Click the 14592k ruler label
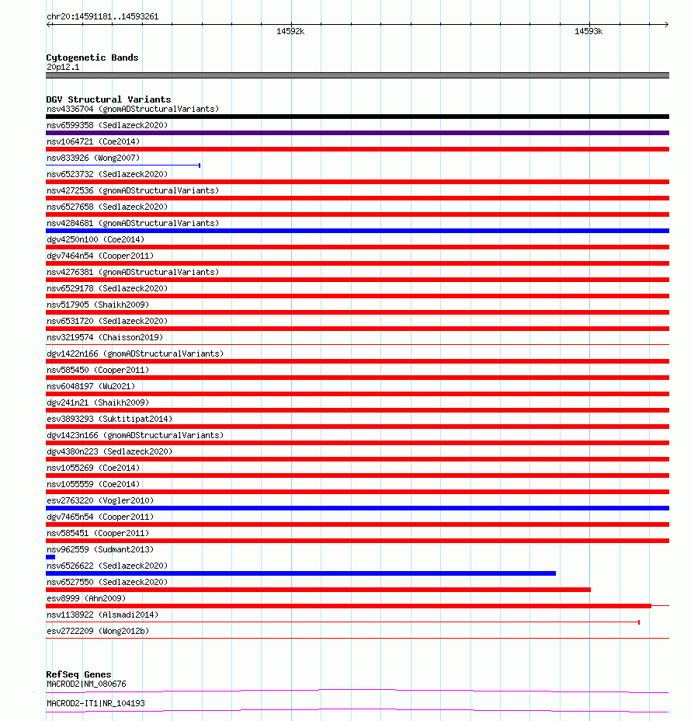290,32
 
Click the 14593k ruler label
588,32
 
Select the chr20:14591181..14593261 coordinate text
102,16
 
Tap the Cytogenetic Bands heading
92,57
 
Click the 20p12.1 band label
63,67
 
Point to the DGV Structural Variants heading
108,99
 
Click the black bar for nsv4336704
357,117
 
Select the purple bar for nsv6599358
357,133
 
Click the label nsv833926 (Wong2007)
88,158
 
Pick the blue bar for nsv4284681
357,231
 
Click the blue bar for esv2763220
357,508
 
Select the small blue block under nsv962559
50,557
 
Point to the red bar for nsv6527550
318,590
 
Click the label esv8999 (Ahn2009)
85,598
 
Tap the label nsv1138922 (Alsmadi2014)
102,615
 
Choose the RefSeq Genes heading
78,674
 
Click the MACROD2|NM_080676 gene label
86,684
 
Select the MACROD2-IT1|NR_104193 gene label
95,703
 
